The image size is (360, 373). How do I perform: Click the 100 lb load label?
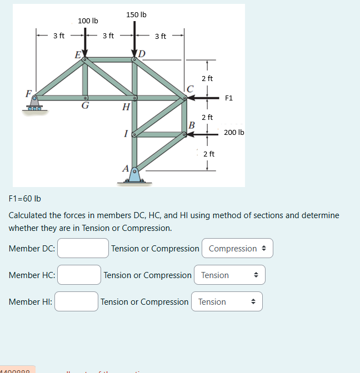click(x=88, y=21)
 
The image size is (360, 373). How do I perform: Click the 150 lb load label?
click(x=136, y=14)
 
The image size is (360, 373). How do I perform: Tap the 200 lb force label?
click(x=234, y=133)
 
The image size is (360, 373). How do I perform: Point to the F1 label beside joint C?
click(x=229, y=98)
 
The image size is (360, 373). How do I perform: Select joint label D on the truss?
click(x=142, y=53)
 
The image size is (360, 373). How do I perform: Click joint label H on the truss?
click(x=126, y=107)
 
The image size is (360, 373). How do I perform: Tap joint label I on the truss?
click(x=127, y=133)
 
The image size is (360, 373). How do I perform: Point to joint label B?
click(x=191, y=124)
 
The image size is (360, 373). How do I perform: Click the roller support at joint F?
click(x=36, y=105)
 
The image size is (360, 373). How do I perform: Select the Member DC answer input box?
click(x=83, y=248)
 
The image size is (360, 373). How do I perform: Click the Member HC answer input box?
click(x=79, y=275)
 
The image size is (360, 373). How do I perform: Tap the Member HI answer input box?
click(x=76, y=301)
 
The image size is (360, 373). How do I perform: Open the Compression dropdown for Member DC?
click(x=237, y=248)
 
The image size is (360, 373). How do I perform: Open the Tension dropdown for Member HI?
click(x=227, y=301)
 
